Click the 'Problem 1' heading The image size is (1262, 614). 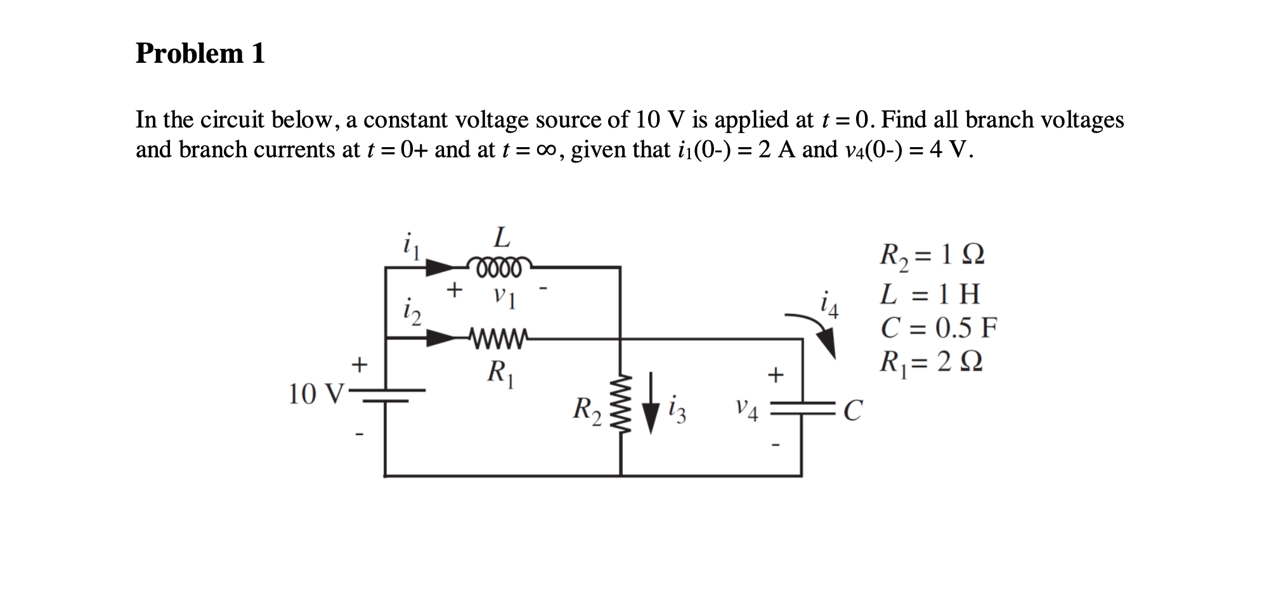point(200,53)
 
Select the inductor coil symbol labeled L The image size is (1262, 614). point(498,266)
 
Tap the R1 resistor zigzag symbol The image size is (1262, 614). point(497,339)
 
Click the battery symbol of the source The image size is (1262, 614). point(385,395)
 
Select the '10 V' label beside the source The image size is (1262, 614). point(315,395)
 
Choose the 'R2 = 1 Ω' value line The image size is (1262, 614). point(931,256)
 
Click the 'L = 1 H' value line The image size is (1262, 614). point(930,294)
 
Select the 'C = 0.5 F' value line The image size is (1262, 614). point(939,328)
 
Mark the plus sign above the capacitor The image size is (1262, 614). point(776,375)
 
